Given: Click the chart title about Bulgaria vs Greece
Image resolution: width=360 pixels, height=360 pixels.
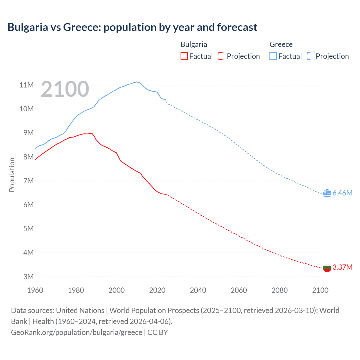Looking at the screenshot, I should click(132, 27).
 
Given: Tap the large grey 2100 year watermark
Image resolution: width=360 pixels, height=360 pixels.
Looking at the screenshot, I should click(65, 89).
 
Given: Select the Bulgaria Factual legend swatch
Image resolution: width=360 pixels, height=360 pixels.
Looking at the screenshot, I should click(184, 56).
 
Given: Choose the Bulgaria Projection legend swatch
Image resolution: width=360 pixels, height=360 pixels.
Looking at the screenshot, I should click(222, 56).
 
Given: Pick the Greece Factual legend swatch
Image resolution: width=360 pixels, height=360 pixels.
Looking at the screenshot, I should click(273, 56).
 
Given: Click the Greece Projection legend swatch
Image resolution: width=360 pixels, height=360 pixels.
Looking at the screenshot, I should click(310, 56).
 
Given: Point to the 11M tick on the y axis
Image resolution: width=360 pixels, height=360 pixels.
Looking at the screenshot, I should click(26, 85).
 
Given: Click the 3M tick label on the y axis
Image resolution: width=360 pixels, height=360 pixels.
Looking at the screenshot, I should click(28, 277).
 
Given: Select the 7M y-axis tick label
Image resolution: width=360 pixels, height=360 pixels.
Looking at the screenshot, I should click(28, 181).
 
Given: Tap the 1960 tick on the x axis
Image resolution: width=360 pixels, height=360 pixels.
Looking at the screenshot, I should click(35, 290).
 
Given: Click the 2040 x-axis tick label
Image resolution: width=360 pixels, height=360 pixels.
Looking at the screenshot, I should click(198, 290).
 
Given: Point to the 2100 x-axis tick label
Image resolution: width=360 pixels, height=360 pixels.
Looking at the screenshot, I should click(320, 290).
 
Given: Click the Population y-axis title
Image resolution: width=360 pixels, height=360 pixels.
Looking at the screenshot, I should click(12, 175).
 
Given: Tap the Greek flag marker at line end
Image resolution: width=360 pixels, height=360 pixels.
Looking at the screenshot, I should click(327, 193).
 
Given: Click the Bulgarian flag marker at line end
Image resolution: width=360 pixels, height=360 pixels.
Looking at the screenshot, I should click(327, 268).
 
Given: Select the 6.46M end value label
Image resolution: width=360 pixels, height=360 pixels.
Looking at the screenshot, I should click(342, 193).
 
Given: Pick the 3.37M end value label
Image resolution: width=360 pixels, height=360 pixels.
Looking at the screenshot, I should click(342, 267).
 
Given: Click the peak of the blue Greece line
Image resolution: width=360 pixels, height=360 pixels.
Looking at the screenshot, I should click(137, 82).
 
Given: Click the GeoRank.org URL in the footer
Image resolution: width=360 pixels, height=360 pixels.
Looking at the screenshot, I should click(76, 332).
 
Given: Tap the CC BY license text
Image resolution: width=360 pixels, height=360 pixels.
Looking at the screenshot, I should click(157, 332).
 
